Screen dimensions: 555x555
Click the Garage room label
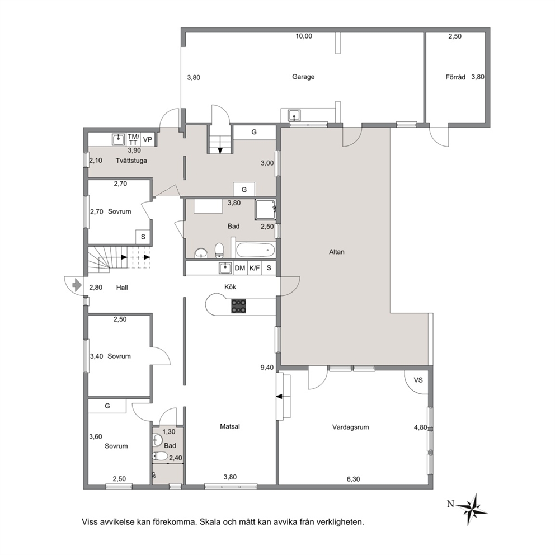(303, 77)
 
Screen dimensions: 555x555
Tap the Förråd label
(455, 77)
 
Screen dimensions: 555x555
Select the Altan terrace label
(337, 252)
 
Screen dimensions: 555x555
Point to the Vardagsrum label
(350, 427)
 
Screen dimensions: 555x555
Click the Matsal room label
(230, 426)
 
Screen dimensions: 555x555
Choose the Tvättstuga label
(131, 161)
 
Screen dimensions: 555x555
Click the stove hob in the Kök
(238, 306)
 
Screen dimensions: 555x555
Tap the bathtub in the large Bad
(255, 250)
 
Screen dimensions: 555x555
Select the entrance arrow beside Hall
(77, 285)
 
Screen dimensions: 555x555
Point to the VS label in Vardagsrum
(418, 380)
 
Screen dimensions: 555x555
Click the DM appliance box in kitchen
(239, 268)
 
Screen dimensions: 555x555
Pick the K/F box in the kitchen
(255, 268)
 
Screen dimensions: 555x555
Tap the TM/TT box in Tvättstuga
(134, 139)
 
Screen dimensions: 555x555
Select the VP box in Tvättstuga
(148, 139)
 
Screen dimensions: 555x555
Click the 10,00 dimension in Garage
(304, 36)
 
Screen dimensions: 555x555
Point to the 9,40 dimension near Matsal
(267, 368)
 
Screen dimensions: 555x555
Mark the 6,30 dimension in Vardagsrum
(353, 479)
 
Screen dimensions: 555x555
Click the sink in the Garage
(294, 115)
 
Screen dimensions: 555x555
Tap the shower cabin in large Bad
(265, 210)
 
